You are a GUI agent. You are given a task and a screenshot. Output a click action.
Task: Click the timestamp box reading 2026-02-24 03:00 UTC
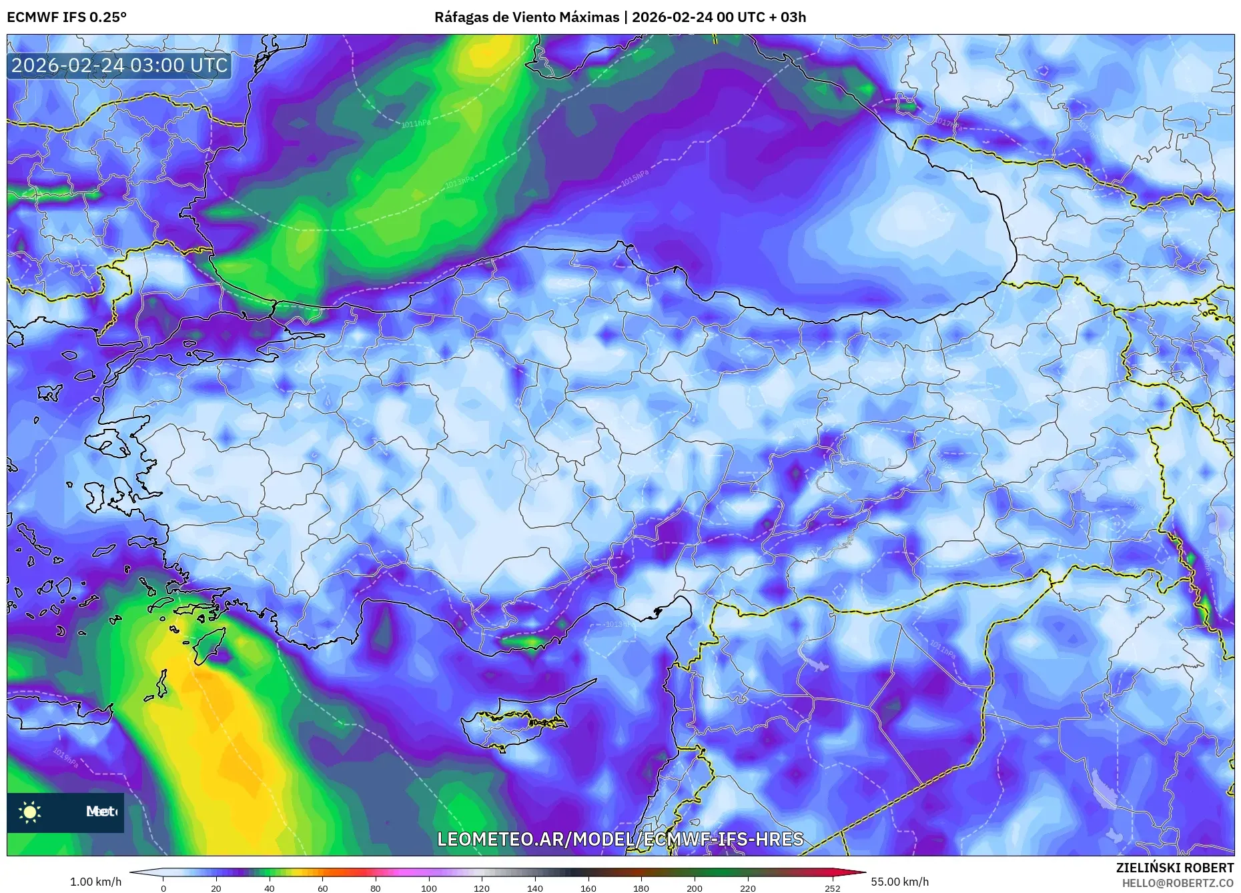coord(119,65)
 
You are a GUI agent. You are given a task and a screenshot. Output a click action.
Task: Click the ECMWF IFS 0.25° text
coord(67,17)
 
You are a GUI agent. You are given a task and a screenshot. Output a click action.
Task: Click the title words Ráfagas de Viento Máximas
coord(526,17)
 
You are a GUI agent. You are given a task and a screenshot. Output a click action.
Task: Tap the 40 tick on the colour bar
coord(269,887)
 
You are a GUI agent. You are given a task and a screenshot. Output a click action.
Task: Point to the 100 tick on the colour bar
coord(428,887)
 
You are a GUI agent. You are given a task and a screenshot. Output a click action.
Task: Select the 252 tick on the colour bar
coord(832,887)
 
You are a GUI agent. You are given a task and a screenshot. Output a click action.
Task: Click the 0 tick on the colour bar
coord(163,887)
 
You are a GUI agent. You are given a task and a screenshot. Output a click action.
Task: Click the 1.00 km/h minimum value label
coord(95,882)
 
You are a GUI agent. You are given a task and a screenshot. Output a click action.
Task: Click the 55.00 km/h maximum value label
coord(899,882)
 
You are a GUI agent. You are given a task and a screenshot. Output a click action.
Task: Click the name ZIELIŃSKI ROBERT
coord(1174,868)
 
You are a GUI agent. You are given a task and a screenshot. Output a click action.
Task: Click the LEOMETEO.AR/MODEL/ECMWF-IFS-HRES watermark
coord(620,839)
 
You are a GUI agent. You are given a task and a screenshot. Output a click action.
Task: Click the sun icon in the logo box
coord(30,812)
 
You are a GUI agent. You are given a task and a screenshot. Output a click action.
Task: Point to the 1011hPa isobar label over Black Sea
coord(416,124)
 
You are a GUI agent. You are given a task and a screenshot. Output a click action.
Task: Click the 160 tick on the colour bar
coord(588,887)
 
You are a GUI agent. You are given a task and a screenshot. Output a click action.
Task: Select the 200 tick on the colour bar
coord(694,887)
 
